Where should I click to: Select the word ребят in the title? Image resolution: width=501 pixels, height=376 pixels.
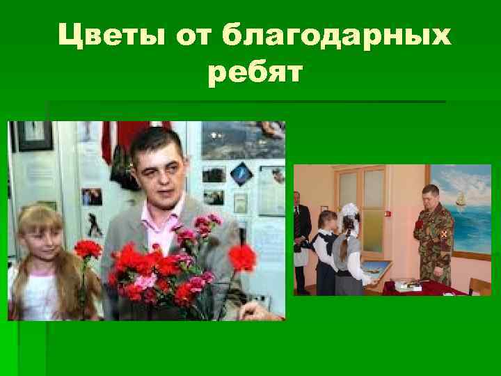pyautogui.click(x=254, y=72)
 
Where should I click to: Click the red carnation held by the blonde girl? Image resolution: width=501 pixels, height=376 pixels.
pyautogui.click(x=87, y=249)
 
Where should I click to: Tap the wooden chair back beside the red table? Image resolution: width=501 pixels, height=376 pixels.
pyautogui.click(x=481, y=285)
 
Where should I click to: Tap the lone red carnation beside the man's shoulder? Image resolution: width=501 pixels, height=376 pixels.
pyautogui.click(x=241, y=258)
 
